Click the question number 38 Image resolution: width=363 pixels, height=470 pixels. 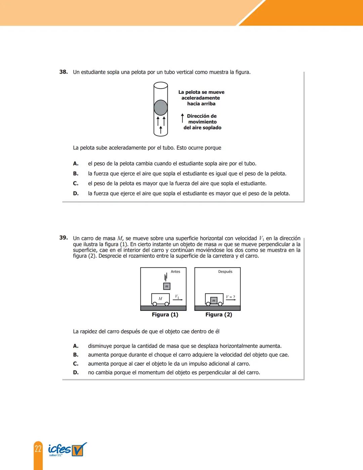point(64,72)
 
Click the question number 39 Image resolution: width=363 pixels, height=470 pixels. point(64,238)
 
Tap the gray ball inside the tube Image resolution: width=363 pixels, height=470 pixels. point(161,108)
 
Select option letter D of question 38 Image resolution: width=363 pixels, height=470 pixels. point(76,193)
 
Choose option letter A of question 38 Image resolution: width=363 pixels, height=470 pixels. point(76,164)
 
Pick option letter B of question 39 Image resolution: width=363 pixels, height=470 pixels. point(76,355)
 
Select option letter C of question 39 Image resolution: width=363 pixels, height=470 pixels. point(76,364)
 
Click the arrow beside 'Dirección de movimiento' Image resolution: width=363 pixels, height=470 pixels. point(183,118)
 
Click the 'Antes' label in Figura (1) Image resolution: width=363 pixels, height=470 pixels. point(175,272)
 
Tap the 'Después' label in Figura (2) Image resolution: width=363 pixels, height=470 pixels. point(225,272)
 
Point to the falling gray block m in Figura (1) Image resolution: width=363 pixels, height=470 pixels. point(167,286)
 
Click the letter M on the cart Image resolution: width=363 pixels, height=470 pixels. point(160,298)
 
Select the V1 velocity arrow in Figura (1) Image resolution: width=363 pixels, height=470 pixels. point(178,299)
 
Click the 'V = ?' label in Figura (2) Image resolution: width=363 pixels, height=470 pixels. point(231,297)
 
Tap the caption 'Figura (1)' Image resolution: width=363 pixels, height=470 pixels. point(165,315)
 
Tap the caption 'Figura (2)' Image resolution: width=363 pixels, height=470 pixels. point(219,315)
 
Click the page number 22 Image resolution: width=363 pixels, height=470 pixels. point(38,449)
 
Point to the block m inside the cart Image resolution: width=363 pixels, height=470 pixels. point(214,300)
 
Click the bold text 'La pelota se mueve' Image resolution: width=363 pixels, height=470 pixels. point(201,92)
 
